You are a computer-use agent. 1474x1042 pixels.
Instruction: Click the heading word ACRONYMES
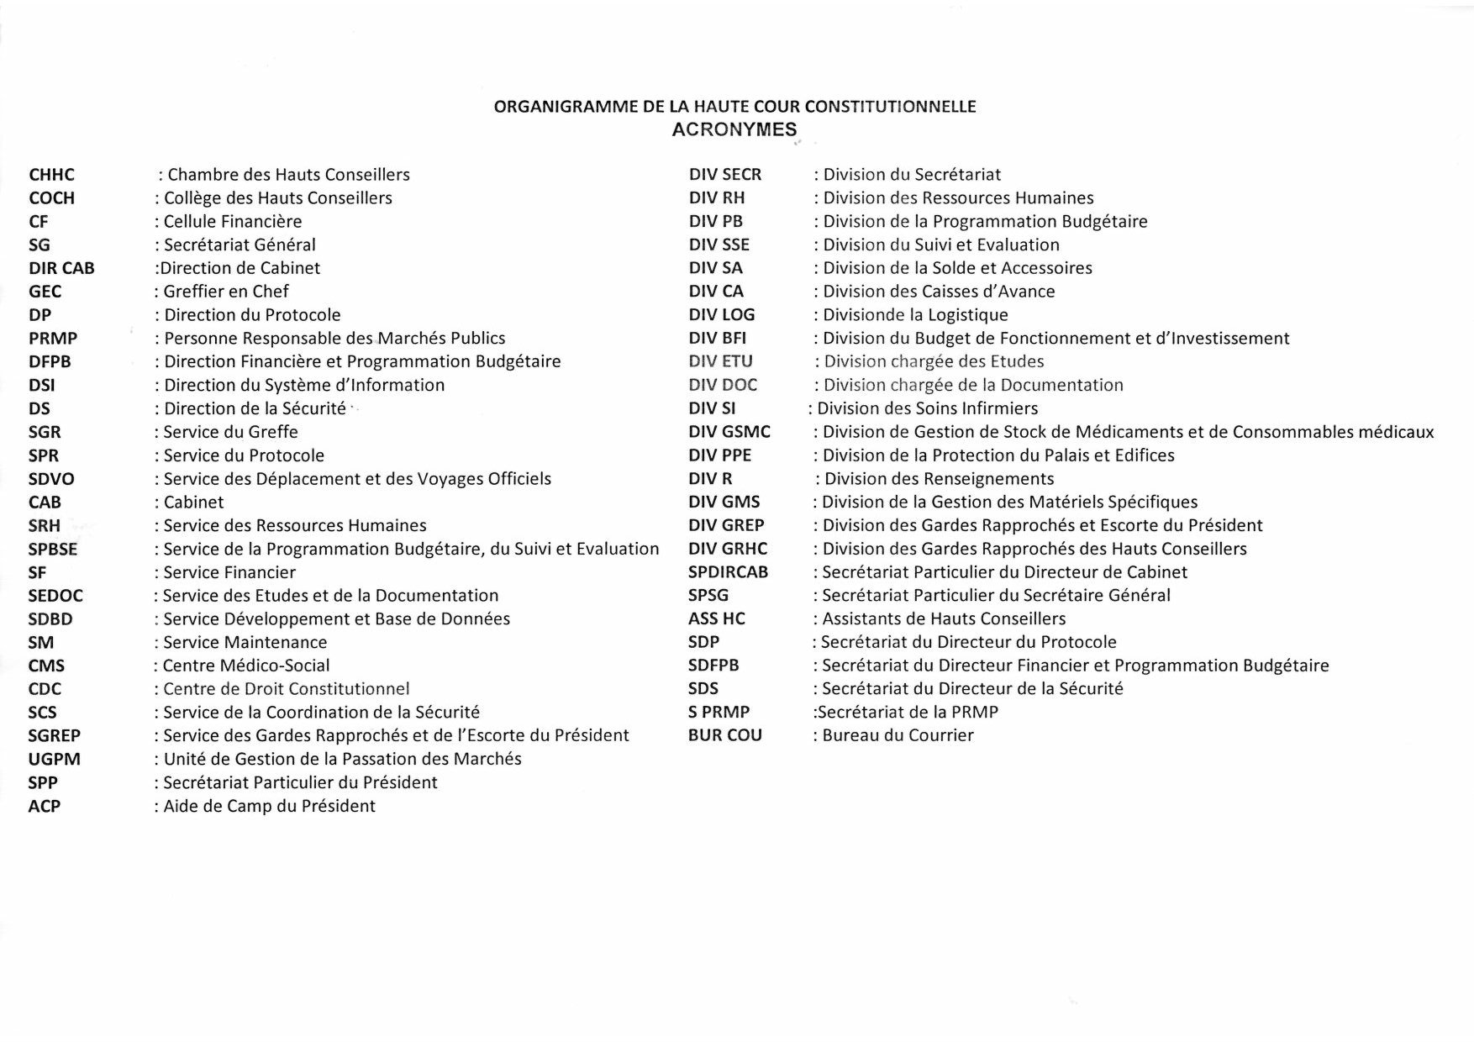coord(734,129)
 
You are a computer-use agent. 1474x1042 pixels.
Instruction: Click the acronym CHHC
coord(51,175)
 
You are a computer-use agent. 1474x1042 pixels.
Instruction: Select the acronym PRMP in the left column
coord(53,339)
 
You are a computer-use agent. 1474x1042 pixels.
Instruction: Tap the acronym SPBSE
coord(53,549)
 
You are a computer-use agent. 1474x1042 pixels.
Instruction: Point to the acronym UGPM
coord(54,759)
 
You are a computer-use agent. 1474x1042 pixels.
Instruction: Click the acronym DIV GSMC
coord(729,432)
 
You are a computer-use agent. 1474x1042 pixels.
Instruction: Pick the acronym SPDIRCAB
coord(728,572)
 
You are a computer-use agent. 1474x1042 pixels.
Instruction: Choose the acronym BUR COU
coord(724,735)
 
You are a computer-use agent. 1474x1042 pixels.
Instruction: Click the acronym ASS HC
coord(716,618)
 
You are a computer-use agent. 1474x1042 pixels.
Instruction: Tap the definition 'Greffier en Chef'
coord(225,292)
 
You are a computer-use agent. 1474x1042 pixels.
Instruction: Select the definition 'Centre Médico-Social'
coord(245,666)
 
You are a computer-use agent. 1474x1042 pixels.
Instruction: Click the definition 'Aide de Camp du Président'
coord(269,806)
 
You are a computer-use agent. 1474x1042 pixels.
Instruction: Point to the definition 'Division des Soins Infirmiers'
coord(927,408)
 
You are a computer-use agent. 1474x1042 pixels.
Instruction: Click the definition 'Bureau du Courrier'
coord(898,735)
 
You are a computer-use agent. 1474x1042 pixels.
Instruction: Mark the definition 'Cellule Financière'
coord(232,222)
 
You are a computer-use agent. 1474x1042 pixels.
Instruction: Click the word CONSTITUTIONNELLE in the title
coord(890,107)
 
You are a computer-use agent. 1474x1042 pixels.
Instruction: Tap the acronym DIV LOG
coord(721,315)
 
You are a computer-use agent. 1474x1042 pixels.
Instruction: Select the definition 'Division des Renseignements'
coord(939,479)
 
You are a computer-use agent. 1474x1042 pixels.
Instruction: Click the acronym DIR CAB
coord(61,268)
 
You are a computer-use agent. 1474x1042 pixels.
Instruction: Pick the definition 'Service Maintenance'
coord(245,642)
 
